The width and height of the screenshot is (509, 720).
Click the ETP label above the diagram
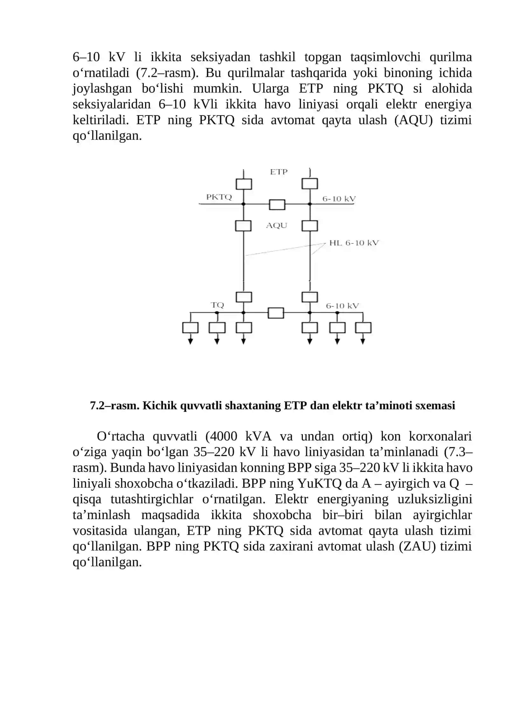(x=279, y=172)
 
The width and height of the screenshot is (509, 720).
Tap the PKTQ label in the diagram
(x=219, y=197)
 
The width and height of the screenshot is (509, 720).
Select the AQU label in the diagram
(x=276, y=226)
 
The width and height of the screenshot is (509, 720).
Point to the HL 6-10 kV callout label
(x=354, y=243)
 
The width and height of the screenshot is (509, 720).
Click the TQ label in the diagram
(x=217, y=305)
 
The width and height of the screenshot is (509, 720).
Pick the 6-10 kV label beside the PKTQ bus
(x=339, y=199)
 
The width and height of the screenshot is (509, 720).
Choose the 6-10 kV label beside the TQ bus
(x=342, y=306)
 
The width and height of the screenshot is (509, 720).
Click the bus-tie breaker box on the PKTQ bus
(x=277, y=204)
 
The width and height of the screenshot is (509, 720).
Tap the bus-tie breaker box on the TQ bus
(x=276, y=313)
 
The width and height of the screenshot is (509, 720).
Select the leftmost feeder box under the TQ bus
(x=190, y=328)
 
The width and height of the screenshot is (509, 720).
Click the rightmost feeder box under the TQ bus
(x=363, y=328)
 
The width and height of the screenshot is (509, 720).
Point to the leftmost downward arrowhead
(x=190, y=342)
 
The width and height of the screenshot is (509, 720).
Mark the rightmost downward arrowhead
(x=363, y=342)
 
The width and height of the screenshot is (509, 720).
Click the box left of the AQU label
(x=243, y=226)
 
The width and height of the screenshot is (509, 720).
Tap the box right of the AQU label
(x=310, y=226)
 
